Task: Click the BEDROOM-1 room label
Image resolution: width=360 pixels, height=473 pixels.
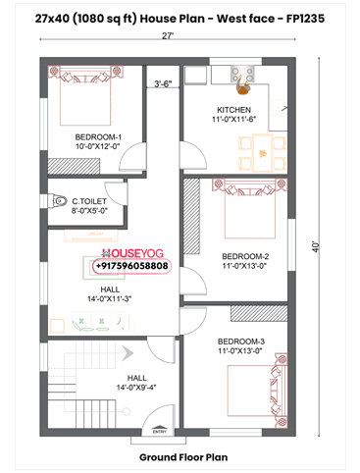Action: [98, 136]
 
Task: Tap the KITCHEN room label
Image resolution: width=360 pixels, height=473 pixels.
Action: [233, 109]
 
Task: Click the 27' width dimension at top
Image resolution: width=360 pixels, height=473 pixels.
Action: [169, 35]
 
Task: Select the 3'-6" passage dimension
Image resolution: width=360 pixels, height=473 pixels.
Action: [164, 83]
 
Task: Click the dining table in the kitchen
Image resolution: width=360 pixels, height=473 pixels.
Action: [258, 148]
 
